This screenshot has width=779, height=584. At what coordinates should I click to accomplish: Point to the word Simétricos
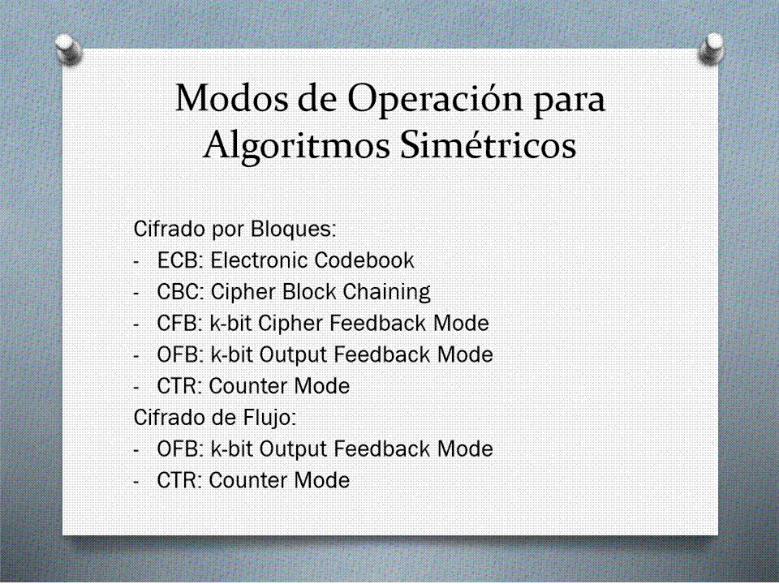pyautogui.click(x=488, y=144)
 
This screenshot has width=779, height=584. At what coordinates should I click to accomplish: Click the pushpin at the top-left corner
pyautogui.click(x=68, y=49)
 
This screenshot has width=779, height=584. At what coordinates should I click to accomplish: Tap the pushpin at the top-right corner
pyautogui.click(x=711, y=49)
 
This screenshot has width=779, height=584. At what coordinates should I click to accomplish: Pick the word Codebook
pyautogui.click(x=364, y=260)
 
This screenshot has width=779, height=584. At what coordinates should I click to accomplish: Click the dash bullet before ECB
pyautogui.click(x=136, y=262)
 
